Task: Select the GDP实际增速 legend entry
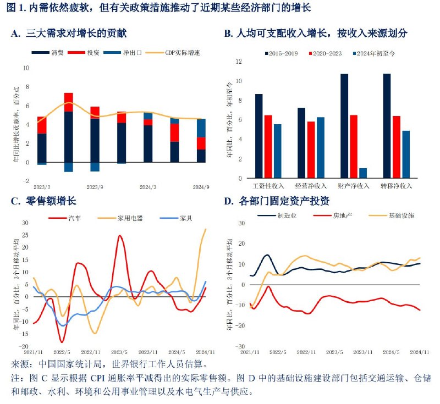[183, 53]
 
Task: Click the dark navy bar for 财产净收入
[344, 126]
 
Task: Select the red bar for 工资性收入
[268, 147]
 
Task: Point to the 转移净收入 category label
[397, 186]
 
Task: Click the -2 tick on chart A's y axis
[25, 181]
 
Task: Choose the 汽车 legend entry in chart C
[75, 218]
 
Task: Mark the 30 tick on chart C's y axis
[25, 223]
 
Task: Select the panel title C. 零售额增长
[42, 201]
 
